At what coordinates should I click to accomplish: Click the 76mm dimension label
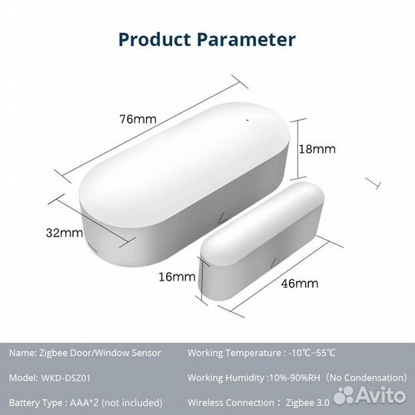tap(138, 119)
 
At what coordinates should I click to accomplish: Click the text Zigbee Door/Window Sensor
tap(100, 353)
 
